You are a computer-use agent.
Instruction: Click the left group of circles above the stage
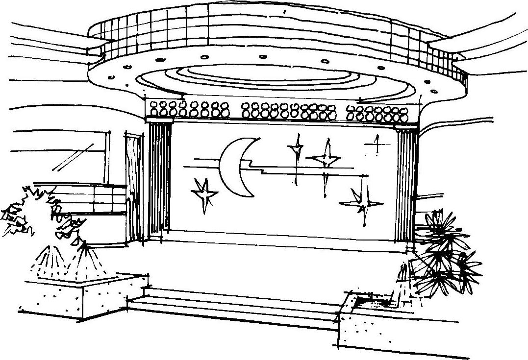point(189,110)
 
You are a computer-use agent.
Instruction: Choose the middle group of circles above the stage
point(289,111)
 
